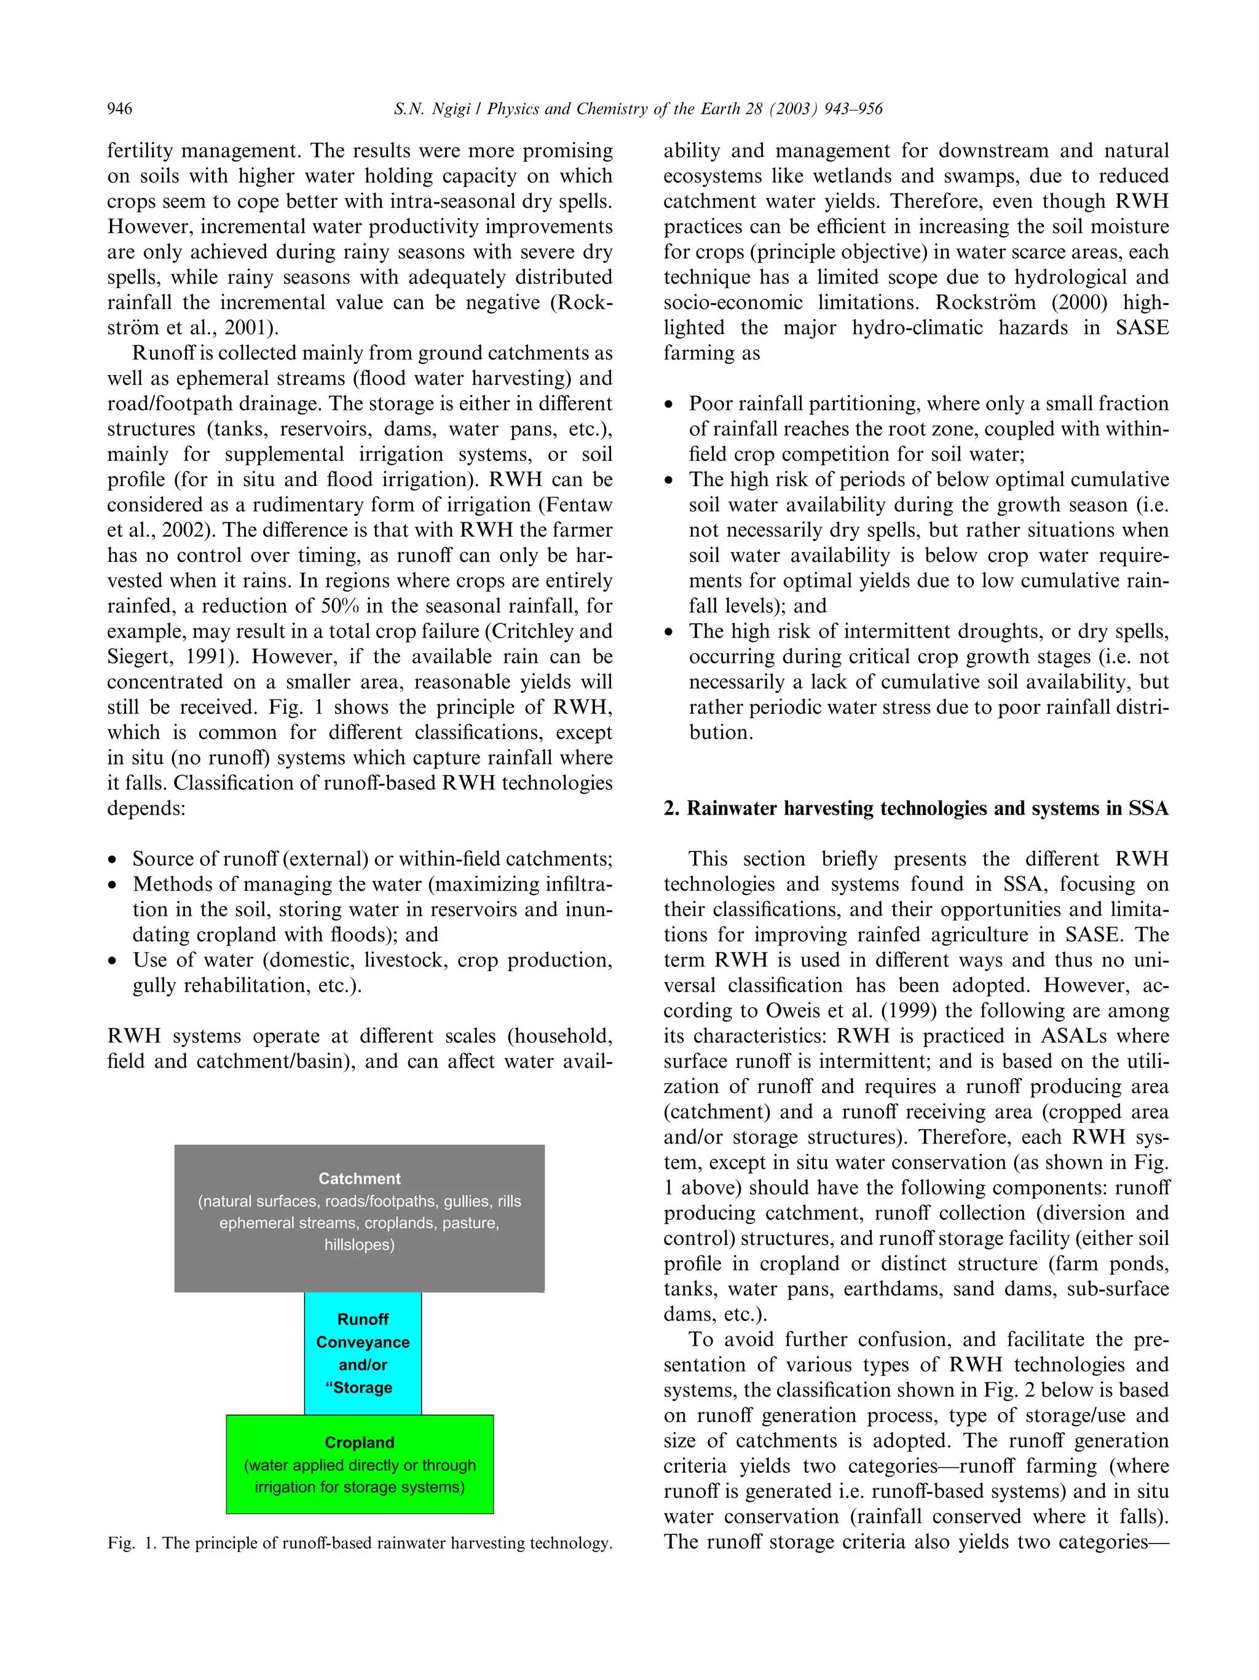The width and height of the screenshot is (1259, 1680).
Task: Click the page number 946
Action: click(120, 109)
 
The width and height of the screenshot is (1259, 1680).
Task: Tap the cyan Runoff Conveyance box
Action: click(363, 1352)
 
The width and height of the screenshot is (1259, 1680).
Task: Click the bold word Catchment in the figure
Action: click(359, 1178)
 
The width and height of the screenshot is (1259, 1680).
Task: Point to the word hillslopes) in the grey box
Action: click(359, 1244)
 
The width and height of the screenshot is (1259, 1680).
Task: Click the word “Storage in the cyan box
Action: click(358, 1387)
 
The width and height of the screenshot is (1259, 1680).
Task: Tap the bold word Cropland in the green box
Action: click(359, 1441)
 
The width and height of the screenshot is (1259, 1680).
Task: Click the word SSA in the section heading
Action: click(1148, 808)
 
